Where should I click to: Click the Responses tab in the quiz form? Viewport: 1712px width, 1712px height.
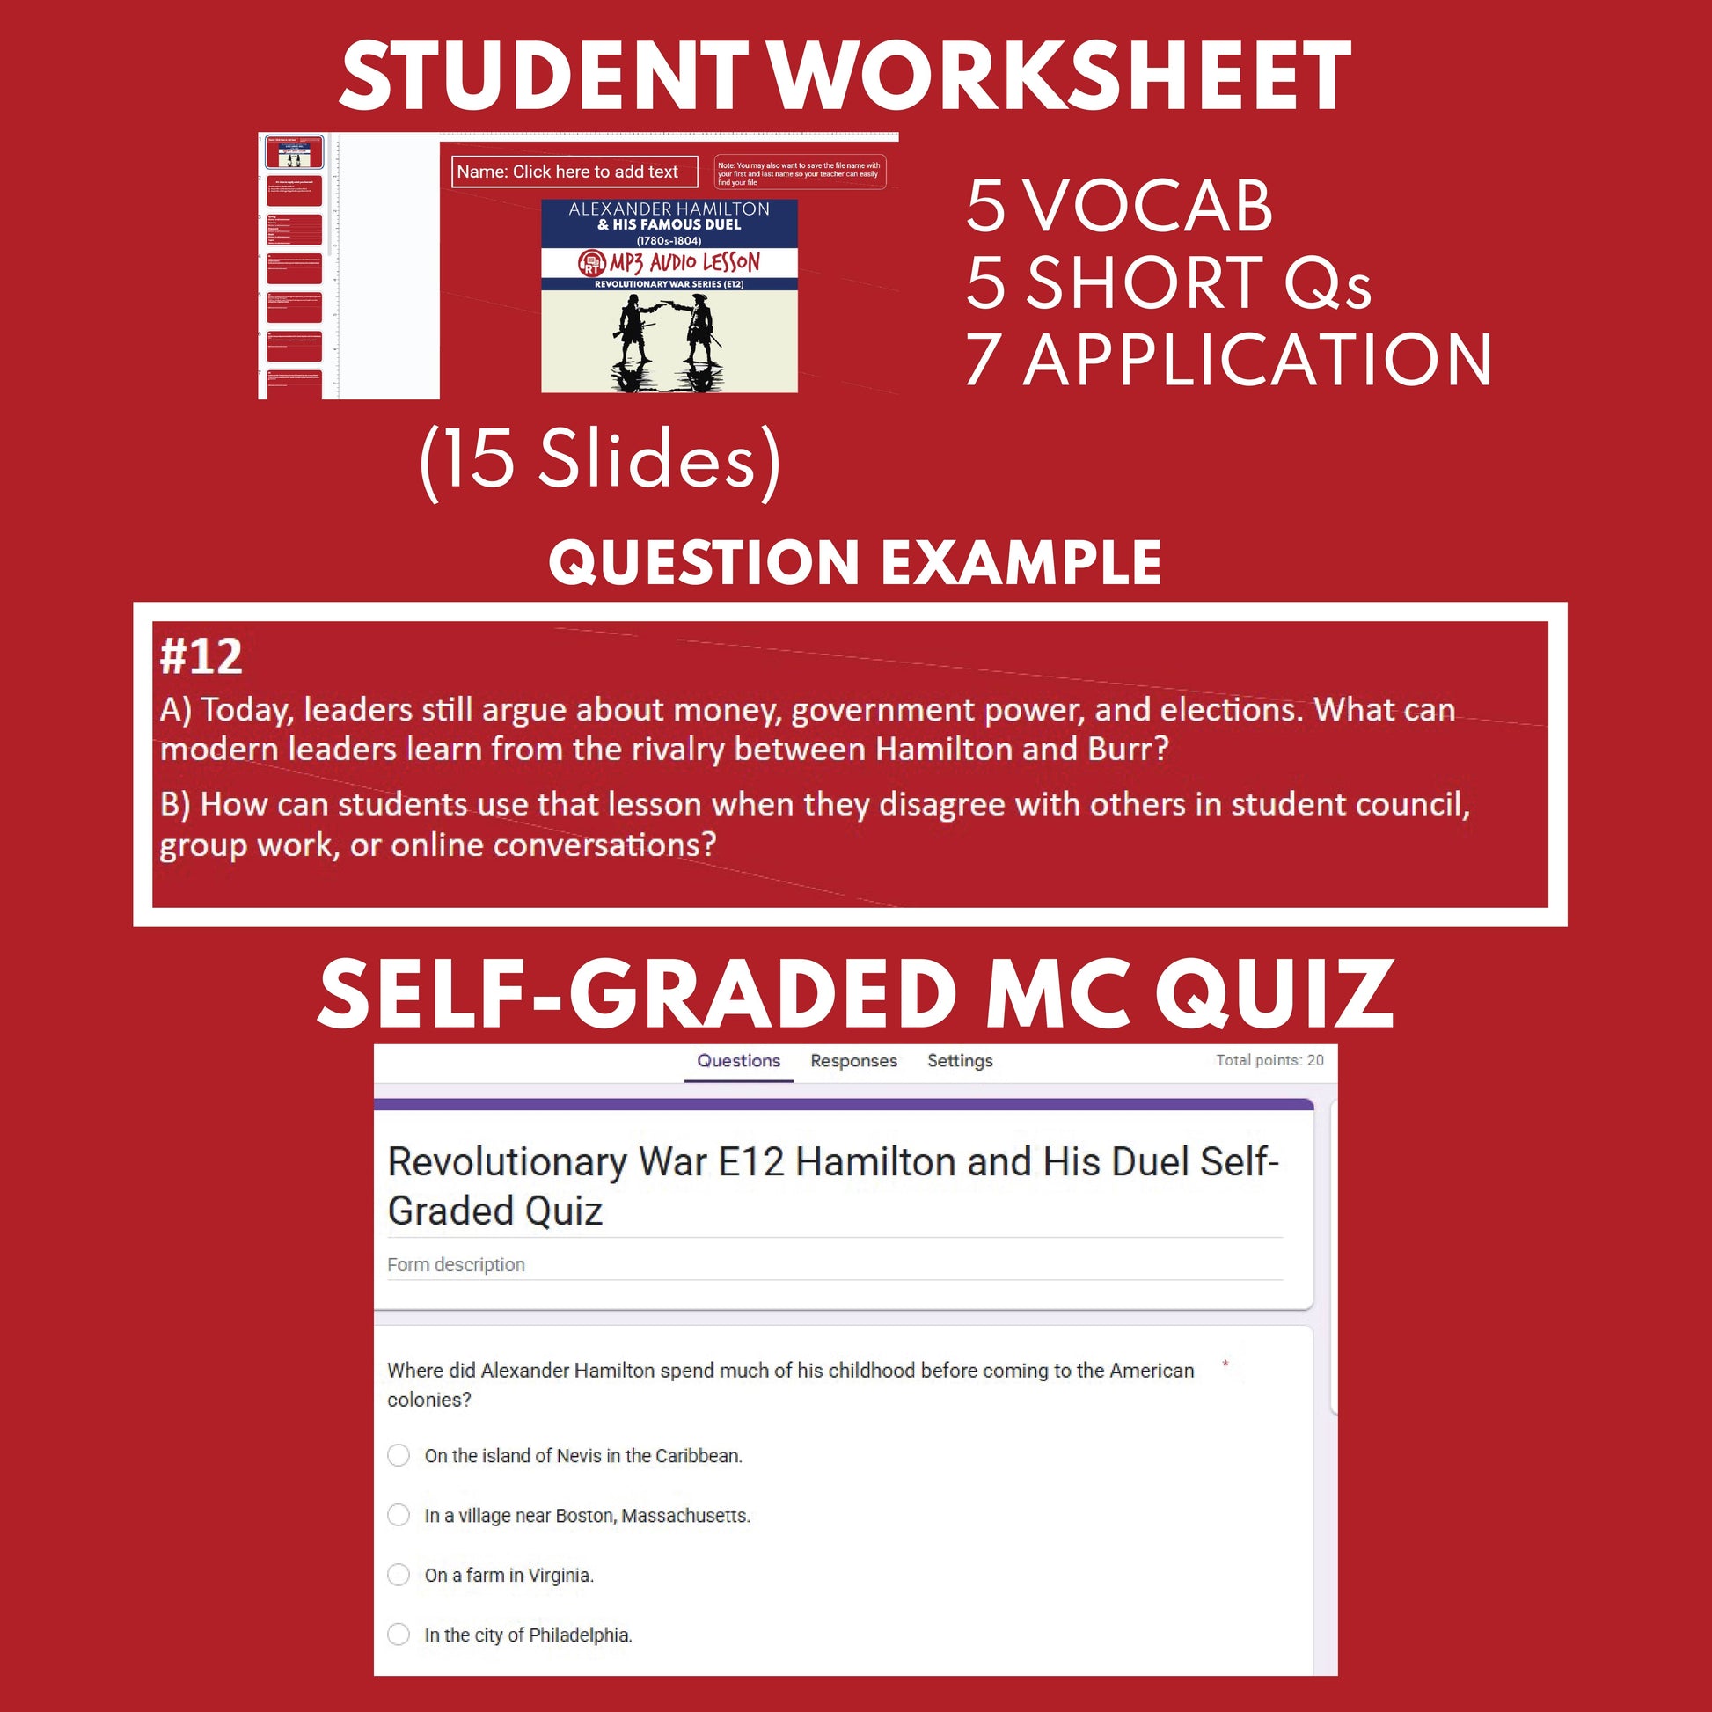click(853, 1061)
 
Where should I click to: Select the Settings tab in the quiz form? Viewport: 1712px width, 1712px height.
click(960, 1061)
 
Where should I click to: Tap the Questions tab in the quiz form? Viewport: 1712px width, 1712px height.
click(738, 1061)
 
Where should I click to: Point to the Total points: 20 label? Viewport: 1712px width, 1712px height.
click(1269, 1060)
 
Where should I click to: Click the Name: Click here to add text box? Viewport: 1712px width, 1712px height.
click(574, 172)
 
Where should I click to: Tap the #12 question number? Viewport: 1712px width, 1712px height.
click(201, 656)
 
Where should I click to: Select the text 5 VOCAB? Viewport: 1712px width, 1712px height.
click(1118, 207)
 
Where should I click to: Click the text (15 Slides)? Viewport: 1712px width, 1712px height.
click(601, 461)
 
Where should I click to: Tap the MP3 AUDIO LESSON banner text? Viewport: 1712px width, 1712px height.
click(684, 262)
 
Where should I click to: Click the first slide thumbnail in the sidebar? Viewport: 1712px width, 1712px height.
click(294, 152)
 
